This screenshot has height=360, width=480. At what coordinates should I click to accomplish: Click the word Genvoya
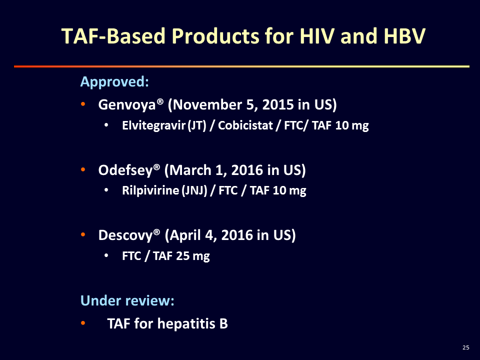pyautogui.click(x=127, y=105)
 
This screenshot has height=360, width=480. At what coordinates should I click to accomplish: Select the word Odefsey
pyautogui.click(x=125, y=170)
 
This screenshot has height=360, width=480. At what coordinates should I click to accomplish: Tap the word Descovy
pyautogui.click(x=125, y=235)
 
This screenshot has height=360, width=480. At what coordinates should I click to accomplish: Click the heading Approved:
pyautogui.click(x=114, y=82)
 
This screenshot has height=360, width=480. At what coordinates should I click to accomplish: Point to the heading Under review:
pyautogui.click(x=127, y=300)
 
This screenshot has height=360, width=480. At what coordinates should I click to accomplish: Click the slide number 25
pyautogui.click(x=465, y=347)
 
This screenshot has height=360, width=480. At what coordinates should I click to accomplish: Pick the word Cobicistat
pyautogui.click(x=245, y=125)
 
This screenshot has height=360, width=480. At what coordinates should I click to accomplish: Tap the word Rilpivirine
pyautogui.click(x=150, y=190)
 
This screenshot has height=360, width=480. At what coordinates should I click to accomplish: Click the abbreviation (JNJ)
pyautogui.click(x=194, y=190)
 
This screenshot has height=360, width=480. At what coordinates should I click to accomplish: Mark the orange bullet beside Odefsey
pyautogui.click(x=83, y=169)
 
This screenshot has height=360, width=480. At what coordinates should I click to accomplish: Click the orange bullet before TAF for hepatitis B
pyautogui.click(x=83, y=323)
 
